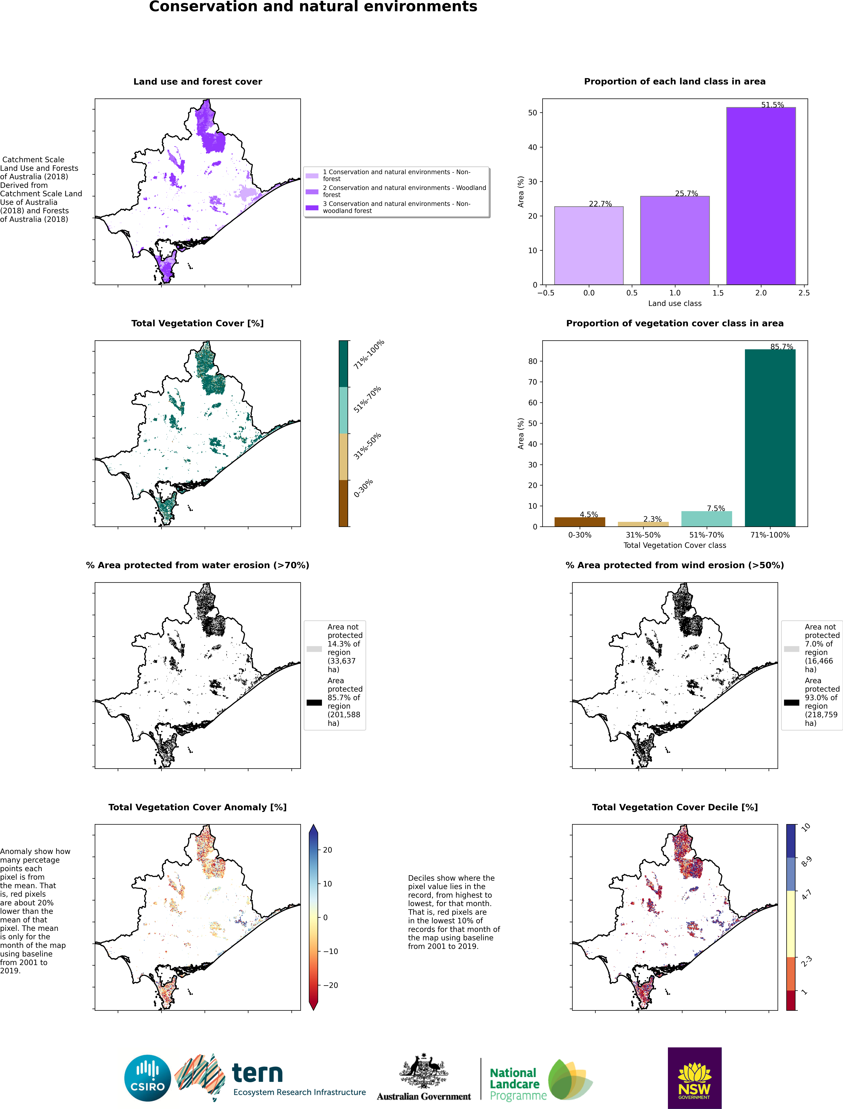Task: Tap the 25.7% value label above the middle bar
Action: pyautogui.click(x=687, y=193)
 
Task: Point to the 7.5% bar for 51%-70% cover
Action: pyautogui.click(x=707, y=519)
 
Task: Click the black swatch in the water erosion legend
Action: pyautogui.click(x=314, y=702)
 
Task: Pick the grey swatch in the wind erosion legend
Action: pyautogui.click(x=791, y=649)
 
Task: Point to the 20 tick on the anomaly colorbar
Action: pyautogui.click(x=327, y=850)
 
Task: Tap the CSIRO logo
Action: pyautogui.click(x=148, y=1078)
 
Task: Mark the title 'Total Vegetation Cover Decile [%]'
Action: pyautogui.click(x=675, y=807)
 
